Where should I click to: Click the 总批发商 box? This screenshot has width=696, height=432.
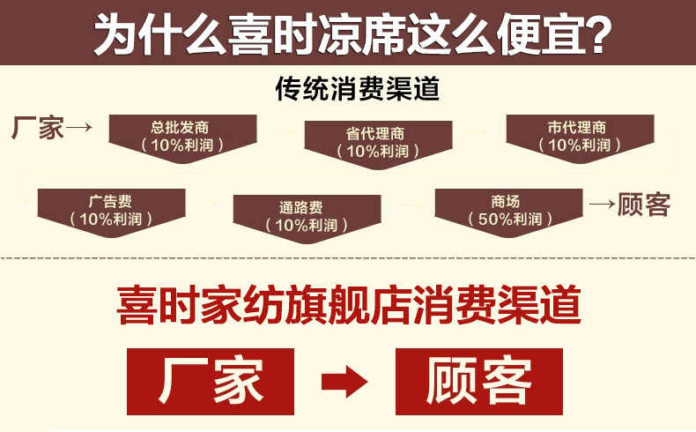click(182, 135)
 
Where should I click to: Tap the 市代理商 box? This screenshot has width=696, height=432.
click(579, 136)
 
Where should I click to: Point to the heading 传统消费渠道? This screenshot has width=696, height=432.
click(357, 90)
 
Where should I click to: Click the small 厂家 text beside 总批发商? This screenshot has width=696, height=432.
click(38, 128)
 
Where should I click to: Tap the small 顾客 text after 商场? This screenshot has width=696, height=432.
click(644, 205)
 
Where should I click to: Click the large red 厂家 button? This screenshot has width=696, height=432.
click(211, 381)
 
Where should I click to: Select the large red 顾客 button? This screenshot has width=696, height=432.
click(478, 381)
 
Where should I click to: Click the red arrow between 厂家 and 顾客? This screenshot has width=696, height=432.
click(344, 382)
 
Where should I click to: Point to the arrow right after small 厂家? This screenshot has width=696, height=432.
click(80, 129)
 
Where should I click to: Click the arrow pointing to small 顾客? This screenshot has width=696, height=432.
click(602, 205)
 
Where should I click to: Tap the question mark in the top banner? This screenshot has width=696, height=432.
click(596, 34)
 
